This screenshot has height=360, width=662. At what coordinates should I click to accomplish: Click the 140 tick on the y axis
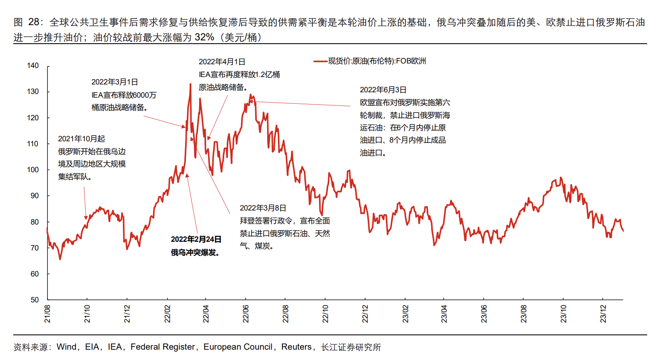(x=33, y=65)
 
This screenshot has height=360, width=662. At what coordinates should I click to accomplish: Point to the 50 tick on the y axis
(x=35, y=300)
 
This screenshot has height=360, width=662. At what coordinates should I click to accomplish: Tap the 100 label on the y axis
(x=33, y=170)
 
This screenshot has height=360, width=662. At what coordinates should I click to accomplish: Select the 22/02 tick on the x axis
(x=167, y=314)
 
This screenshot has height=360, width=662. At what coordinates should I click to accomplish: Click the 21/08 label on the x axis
(x=47, y=314)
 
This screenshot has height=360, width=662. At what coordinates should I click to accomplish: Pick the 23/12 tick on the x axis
(x=603, y=314)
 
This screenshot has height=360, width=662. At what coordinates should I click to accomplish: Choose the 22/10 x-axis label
(x=325, y=314)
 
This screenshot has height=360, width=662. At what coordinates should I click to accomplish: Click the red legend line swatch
(x=320, y=61)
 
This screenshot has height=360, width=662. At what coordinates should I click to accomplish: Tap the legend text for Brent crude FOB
(x=377, y=61)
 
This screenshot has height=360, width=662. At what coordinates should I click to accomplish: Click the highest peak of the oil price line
(x=190, y=84)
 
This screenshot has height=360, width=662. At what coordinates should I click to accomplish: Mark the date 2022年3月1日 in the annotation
(x=115, y=82)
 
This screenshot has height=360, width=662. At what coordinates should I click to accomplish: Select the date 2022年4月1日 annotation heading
(x=222, y=62)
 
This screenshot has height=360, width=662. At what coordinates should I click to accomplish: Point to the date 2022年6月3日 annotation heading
(x=383, y=90)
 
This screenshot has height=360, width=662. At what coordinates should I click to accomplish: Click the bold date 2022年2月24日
(x=196, y=239)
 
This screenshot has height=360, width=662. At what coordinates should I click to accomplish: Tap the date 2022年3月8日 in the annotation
(x=263, y=208)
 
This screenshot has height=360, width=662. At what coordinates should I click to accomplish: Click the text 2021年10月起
(x=82, y=139)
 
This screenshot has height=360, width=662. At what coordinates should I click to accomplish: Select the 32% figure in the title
(x=204, y=37)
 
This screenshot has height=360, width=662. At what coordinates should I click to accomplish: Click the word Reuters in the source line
(x=296, y=347)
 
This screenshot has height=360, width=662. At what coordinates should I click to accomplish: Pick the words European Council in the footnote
(x=238, y=347)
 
